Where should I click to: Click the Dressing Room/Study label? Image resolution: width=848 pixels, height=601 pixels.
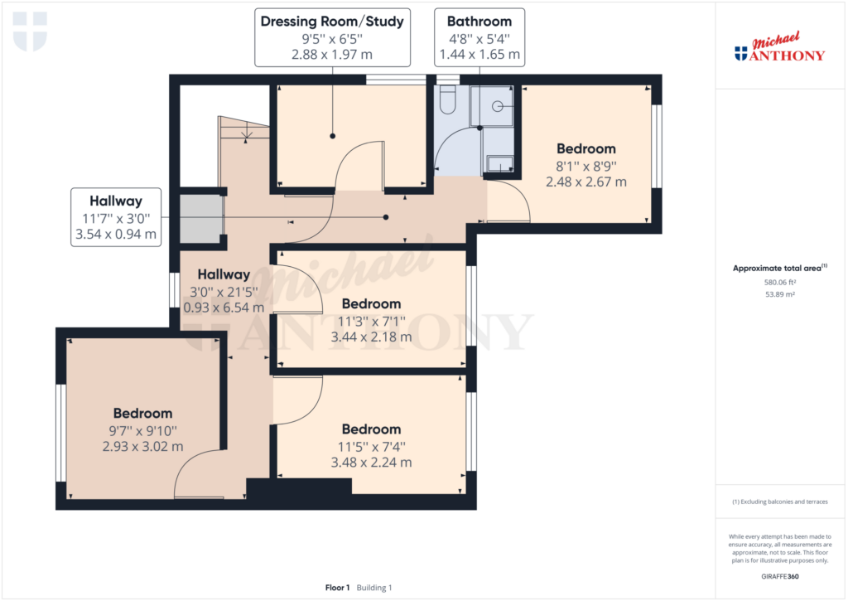click(x=332, y=22)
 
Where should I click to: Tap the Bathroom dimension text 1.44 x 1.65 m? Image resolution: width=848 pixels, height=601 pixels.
click(x=479, y=55)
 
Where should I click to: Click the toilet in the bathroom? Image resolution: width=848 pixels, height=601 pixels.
click(x=446, y=99)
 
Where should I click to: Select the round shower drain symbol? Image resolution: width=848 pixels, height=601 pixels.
click(x=497, y=107)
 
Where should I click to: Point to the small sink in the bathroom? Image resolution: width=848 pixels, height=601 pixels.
click(x=500, y=164)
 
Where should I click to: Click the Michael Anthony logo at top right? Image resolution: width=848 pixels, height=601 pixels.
click(x=779, y=47)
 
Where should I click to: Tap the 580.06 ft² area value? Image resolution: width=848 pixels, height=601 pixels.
click(x=780, y=282)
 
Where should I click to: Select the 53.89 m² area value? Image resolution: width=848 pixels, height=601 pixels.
click(x=780, y=294)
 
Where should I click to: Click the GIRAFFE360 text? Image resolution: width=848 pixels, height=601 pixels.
click(x=780, y=577)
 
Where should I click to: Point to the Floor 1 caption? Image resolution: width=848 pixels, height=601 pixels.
click(x=338, y=588)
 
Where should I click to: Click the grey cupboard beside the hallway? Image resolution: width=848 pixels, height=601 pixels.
click(x=201, y=220)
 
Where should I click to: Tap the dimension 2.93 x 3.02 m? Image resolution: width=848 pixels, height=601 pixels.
click(x=142, y=447)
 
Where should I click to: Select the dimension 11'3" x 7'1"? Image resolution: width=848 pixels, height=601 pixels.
click(x=372, y=322)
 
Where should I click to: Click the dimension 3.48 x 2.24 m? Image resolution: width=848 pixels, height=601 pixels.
click(x=372, y=463)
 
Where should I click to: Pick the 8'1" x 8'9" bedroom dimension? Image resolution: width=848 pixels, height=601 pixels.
click(x=586, y=167)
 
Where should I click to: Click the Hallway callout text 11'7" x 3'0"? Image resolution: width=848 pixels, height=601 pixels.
click(x=116, y=219)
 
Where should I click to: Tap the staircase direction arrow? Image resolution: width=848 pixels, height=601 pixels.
click(x=246, y=133)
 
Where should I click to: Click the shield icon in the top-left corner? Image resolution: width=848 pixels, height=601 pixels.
click(x=30, y=32)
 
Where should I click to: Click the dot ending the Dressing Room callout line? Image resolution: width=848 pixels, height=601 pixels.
click(x=333, y=136)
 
